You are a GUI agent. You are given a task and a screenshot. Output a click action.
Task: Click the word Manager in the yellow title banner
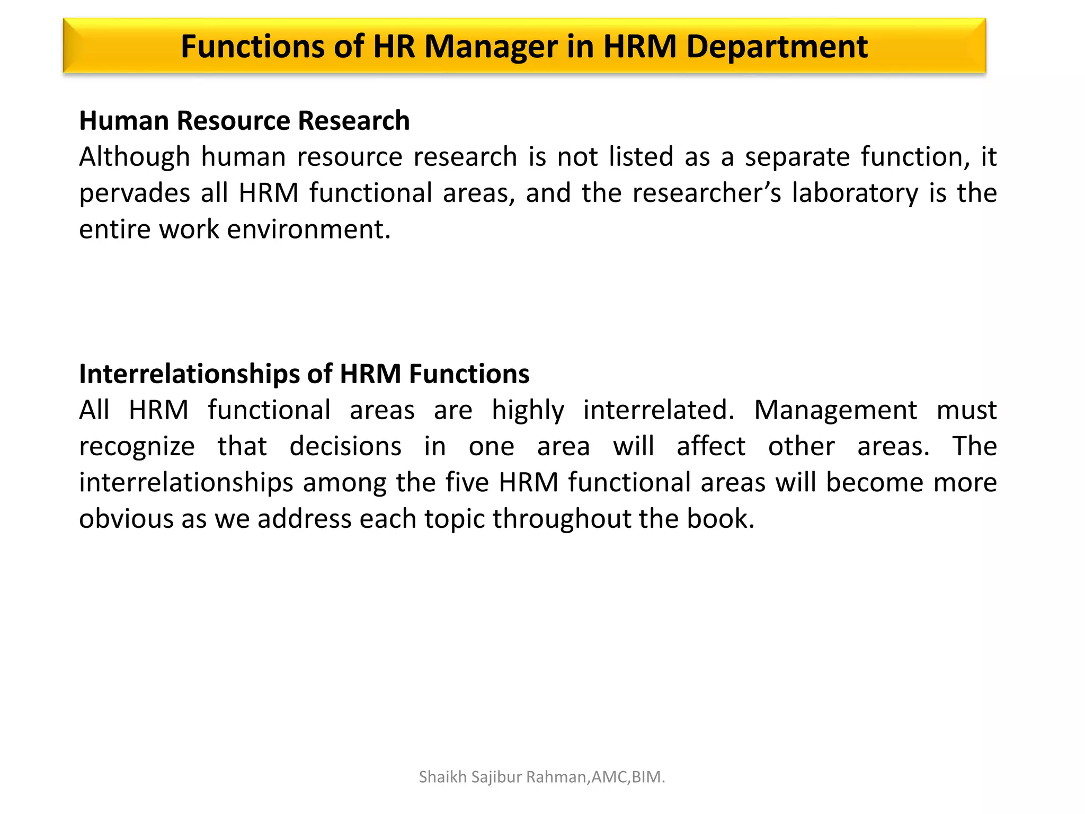click(490, 47)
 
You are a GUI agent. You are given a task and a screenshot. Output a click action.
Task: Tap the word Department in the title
click(777, 47)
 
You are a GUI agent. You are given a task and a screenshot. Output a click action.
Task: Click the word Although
click(135, 157)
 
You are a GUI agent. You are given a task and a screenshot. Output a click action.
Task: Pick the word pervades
click(135, 193)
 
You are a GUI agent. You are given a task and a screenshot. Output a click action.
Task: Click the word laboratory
click(855, 193)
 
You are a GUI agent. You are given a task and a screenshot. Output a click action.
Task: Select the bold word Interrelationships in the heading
click(189, 374)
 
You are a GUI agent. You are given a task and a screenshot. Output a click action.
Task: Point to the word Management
click(835, 411)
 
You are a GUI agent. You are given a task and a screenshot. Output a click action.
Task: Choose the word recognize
click(137, 447)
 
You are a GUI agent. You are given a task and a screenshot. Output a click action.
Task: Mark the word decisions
click(345, 447)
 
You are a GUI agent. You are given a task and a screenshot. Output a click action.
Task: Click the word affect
click(711, 447)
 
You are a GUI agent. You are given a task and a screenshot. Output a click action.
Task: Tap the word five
click(467, 483)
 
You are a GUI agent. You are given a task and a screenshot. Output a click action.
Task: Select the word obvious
click(126, 519)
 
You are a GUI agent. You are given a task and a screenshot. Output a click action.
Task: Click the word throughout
click(562, 519)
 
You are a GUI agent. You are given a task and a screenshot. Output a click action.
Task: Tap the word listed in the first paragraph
click(641, 157)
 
